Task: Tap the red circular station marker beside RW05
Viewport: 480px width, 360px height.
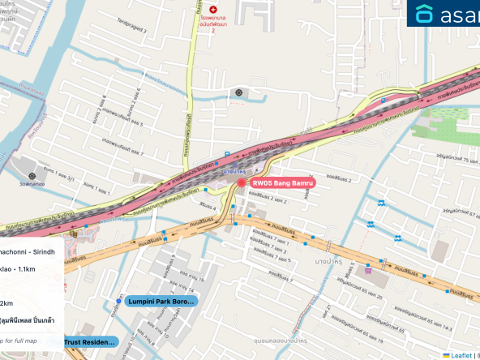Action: pyautogui.click(x=241, y=183)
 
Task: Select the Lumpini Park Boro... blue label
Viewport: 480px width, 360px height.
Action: pyautogui.click(x=161, y=302)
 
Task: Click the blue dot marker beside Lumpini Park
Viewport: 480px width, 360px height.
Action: pyautogui.click(x=119, y=302)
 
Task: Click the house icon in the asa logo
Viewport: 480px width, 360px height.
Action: pyautogui.click(x=425, y=14)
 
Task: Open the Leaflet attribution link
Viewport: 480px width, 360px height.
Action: pyautogui.click(x=460, y=354)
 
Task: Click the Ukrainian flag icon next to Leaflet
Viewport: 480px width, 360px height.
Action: pyautogui.click(x=446, y=354)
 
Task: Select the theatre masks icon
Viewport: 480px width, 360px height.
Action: pyautogui.click(x=75, y=234)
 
